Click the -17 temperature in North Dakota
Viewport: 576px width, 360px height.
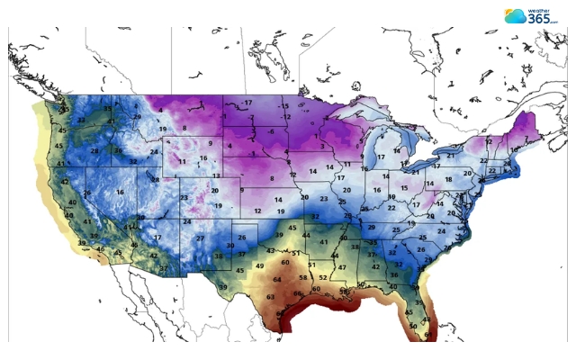pos(247,103)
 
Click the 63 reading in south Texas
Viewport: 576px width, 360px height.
pos(270,295)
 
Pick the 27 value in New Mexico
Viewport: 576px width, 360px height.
pos(200,239)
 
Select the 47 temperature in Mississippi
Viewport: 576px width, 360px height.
pos(342,267)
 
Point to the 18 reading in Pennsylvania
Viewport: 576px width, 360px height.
pos(448,180)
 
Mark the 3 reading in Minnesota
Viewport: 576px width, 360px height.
pos(321,145)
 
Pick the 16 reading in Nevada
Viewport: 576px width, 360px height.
pos(120,192)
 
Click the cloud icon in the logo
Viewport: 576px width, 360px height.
pos(515,15)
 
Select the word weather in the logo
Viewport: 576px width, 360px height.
pos(544,9)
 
